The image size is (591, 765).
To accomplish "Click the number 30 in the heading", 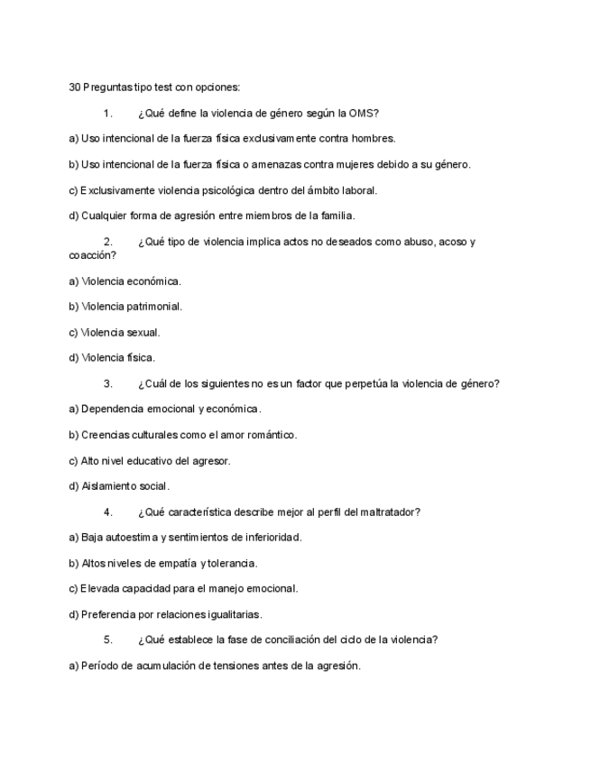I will [x=75, y=88].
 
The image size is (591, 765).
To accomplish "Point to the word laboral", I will [x=358, y=190].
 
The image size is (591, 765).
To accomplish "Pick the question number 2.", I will [x=108, y=242].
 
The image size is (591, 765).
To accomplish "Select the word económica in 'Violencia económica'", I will [x=154, y=281].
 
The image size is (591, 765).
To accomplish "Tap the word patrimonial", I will [x=154, y=307].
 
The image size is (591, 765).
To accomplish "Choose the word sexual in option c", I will [x=143, y=332].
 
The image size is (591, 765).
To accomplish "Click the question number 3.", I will [x=108, y=383].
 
